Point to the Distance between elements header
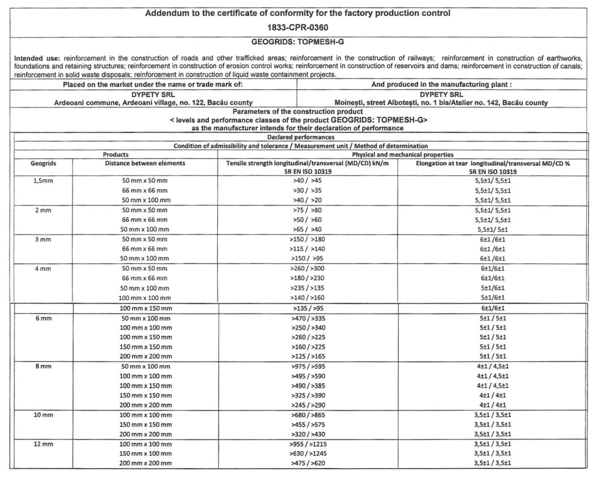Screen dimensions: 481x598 click(x=145, y=163)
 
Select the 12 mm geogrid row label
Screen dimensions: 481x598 click(x=41, y=444)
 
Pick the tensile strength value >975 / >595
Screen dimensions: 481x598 click(x=307, y=366)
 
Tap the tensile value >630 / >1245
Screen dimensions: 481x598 click(x=307, y=453)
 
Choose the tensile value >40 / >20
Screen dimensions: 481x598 click(x=307, y=200)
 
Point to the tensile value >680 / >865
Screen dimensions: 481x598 click(x=307, y=414)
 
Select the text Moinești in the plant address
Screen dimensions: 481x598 click(x=349, y=103)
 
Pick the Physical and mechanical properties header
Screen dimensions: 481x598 click(x=402, y=155)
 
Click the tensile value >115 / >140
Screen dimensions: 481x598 click(x=307, y=249)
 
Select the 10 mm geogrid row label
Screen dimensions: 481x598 click(x=41, y=414)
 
